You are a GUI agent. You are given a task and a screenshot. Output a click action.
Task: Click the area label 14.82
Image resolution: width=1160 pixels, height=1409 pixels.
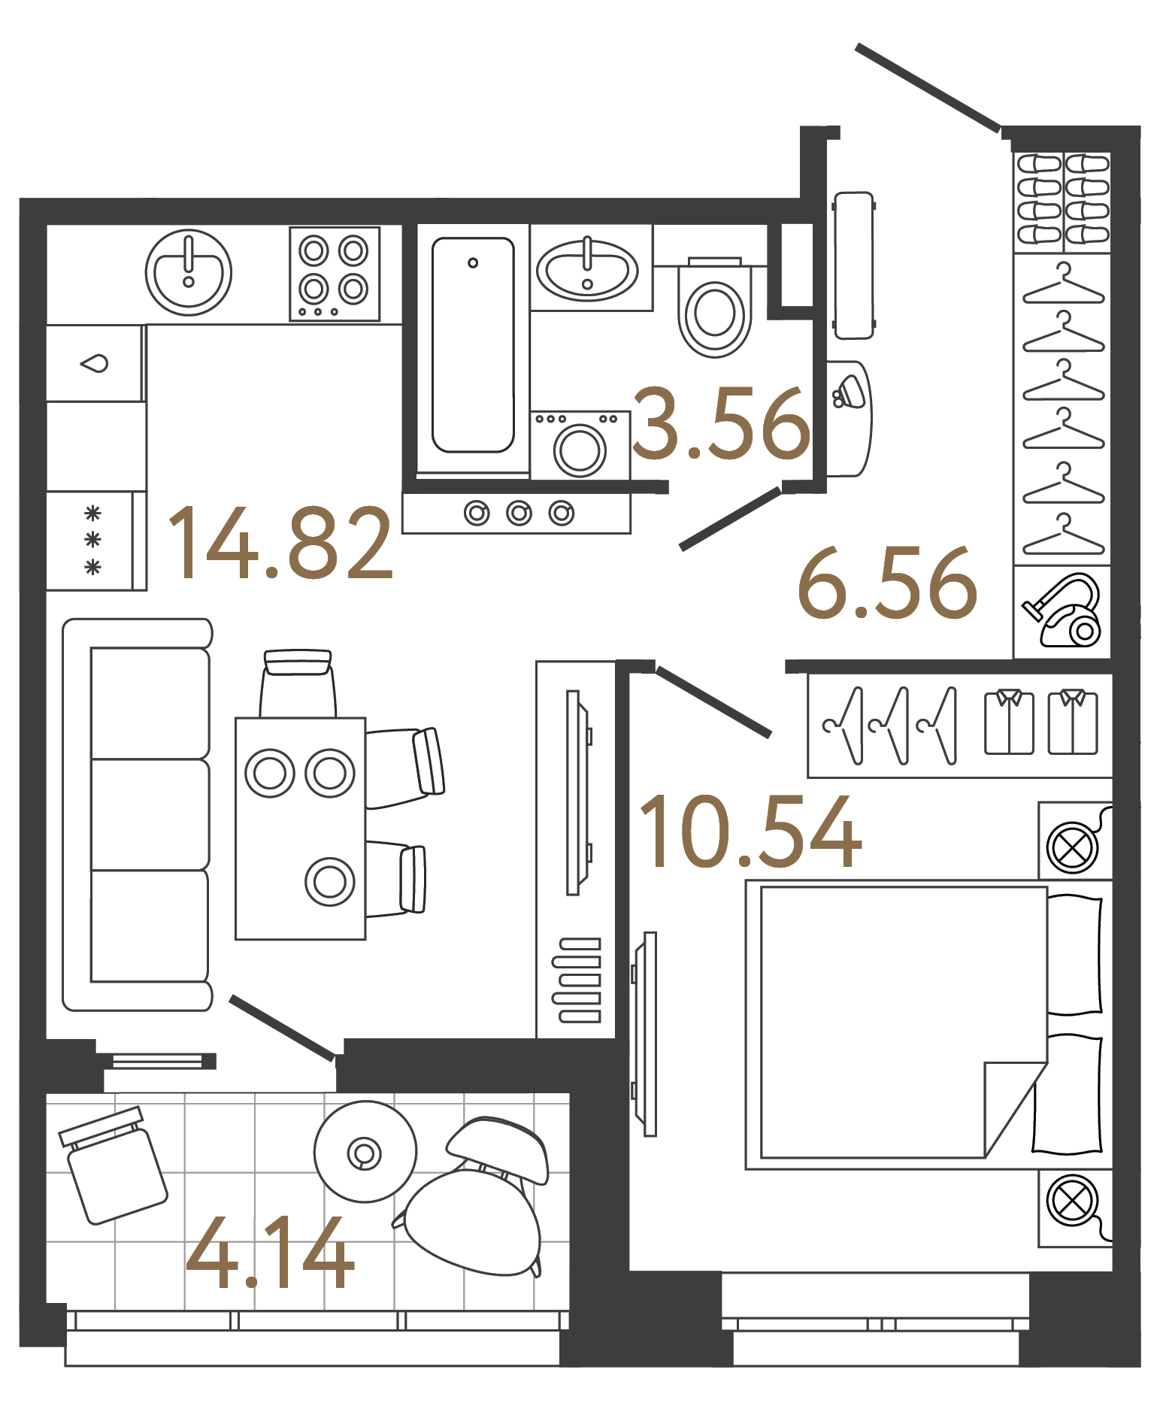click(280, 543)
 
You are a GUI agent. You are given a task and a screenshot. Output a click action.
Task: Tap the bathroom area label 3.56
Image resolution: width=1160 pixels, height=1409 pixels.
click(720, 424)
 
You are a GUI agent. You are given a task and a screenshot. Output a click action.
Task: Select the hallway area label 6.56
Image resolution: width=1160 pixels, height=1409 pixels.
click(887, 584)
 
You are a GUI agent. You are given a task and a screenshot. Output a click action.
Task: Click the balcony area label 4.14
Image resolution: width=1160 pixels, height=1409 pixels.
click(269, 1254)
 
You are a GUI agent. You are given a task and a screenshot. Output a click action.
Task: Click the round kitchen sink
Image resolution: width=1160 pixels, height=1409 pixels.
click(188, 272)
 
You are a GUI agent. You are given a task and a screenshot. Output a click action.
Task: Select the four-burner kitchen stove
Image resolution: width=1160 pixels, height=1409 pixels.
click(334, 274)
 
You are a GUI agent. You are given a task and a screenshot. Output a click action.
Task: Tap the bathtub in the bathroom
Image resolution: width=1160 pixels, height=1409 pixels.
click(473, 346)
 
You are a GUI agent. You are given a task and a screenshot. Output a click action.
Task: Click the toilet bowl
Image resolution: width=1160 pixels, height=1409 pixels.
click(714, 312)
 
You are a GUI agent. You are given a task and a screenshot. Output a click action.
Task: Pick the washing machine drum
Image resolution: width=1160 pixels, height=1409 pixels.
click(580, 450)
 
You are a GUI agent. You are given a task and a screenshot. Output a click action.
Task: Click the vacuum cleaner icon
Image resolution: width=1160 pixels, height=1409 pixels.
click(1063, 611)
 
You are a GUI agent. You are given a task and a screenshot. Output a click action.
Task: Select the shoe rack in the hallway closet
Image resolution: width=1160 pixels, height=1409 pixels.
click(1062, 200)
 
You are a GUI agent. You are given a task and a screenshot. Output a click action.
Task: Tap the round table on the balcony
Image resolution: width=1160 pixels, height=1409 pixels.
click(365, 1152)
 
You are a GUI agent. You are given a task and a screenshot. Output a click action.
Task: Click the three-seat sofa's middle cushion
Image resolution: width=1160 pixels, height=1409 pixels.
click(150, 814)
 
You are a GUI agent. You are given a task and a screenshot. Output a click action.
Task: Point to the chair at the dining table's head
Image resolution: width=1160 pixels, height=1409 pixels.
click(298, 684)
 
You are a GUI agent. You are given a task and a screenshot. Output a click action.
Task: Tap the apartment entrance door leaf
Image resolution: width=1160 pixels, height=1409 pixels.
click(928, 89)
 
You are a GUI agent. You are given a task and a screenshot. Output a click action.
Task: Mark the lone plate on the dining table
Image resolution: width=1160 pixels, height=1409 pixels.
click(329, 882)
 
